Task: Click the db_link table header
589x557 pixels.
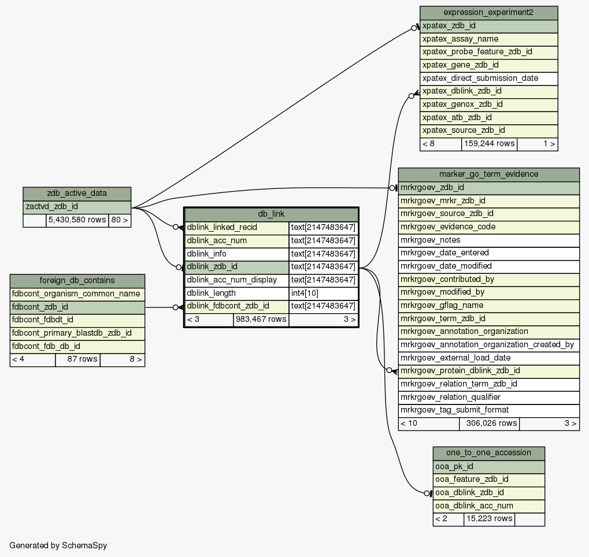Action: pos(271,214)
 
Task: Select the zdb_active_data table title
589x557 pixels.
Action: pos(77,194)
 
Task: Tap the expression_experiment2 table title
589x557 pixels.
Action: pos(488,13)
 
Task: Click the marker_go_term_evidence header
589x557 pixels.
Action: pos(488,174)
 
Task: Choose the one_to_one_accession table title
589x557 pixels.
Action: pos(488,452)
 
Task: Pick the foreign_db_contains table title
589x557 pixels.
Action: pos(77,281)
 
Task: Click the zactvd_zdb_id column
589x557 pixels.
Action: pos(77,206)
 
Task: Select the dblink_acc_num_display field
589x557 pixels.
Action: pos(236,280)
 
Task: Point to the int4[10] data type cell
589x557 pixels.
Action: pos(323,293)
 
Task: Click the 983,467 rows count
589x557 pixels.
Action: pos(261,319)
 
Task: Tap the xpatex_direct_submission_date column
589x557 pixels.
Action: pos(488,78)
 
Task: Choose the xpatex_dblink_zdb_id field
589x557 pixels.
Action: pos(488,91)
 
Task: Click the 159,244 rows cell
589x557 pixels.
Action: pos(489,143)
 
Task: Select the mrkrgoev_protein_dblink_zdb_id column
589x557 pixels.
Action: pos(488,371)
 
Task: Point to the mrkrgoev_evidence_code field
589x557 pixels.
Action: pos(488,227)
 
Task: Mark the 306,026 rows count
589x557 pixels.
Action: pos(489,424)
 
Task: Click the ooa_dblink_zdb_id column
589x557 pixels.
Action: pos(488,493)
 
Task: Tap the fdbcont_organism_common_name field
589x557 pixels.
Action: pos(77,294)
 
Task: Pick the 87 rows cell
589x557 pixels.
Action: pos(77,359)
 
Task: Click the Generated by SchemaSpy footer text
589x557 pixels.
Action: pos(58,545)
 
